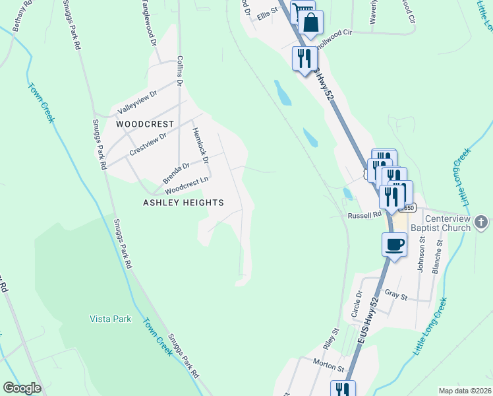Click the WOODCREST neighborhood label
145,124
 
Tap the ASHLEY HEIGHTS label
183,203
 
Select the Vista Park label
111,319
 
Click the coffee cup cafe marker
394,244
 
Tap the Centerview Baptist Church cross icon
482,222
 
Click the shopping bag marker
310,24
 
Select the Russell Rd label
364,215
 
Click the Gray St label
397,294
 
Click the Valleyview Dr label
137,102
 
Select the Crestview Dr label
148,143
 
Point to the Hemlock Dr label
200,145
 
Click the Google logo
22,388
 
